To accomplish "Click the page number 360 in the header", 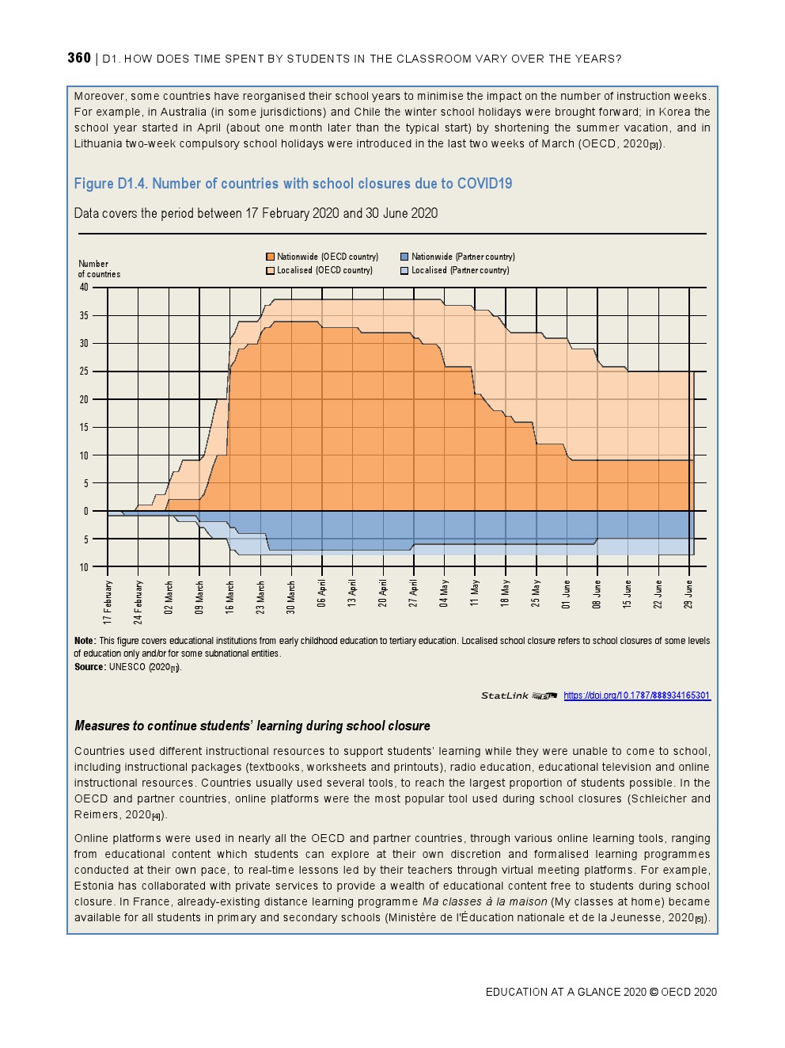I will [x=79, y=58].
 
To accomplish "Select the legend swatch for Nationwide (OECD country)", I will [x=271, y=257].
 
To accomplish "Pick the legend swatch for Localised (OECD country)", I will [x=271, y=270].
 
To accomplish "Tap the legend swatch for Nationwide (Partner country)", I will [x=404, y=257].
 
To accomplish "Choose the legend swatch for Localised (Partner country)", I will [x=404, y=270].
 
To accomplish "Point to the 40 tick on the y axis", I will [x=84, y=288].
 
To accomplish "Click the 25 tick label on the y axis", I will [x=84, y=372].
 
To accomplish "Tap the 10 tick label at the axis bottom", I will [x=84, y=567].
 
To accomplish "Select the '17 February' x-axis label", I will [x=108, y=602].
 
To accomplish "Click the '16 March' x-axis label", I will [x=230, y=598].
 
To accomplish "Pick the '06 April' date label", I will [x=322, y=594].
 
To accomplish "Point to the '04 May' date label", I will [x=445, y=593].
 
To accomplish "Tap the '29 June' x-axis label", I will [x=689, y=594].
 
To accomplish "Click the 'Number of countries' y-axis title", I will [x=99, y=269].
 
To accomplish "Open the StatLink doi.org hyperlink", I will [x=637, y=695].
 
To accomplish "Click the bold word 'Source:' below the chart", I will [x=90, y=667].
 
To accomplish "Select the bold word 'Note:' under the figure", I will [x=85, y=641].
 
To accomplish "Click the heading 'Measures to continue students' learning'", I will [x=252, y=726].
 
